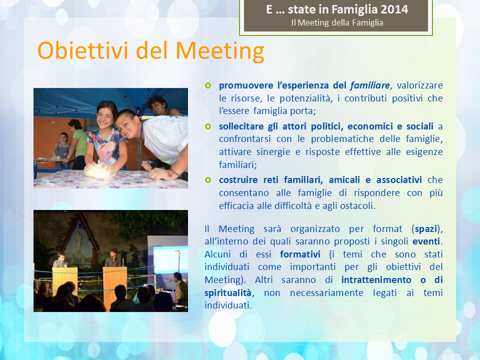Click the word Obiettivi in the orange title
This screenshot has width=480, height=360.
pyautogui.click(x=82, y=50)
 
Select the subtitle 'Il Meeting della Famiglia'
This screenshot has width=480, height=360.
pyautogui.click(x=337, y=22)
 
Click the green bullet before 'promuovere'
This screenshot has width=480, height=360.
pyautogui.click(x=208, y=85)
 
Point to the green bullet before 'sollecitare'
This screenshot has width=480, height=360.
pyautogui.click(x=208, y=126)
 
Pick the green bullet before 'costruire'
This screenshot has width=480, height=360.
pyautogui.click(x=208, y=180)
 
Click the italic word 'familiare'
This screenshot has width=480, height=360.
pyautogui.click(x=370, y=85)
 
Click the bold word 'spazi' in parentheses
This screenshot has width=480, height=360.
pyautogui.click(x=426, y=229)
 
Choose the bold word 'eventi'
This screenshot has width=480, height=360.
pyautogui.click(x=426, y=241)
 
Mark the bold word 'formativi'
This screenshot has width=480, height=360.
pyautogui.click(x=300, y=254)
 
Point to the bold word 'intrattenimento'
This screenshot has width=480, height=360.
pyautogui.click(x=376, y=280)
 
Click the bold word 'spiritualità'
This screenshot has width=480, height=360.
pyautogui.click(x=228, y=293)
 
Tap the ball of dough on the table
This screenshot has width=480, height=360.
pyautogui.click(x=100, y=170)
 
